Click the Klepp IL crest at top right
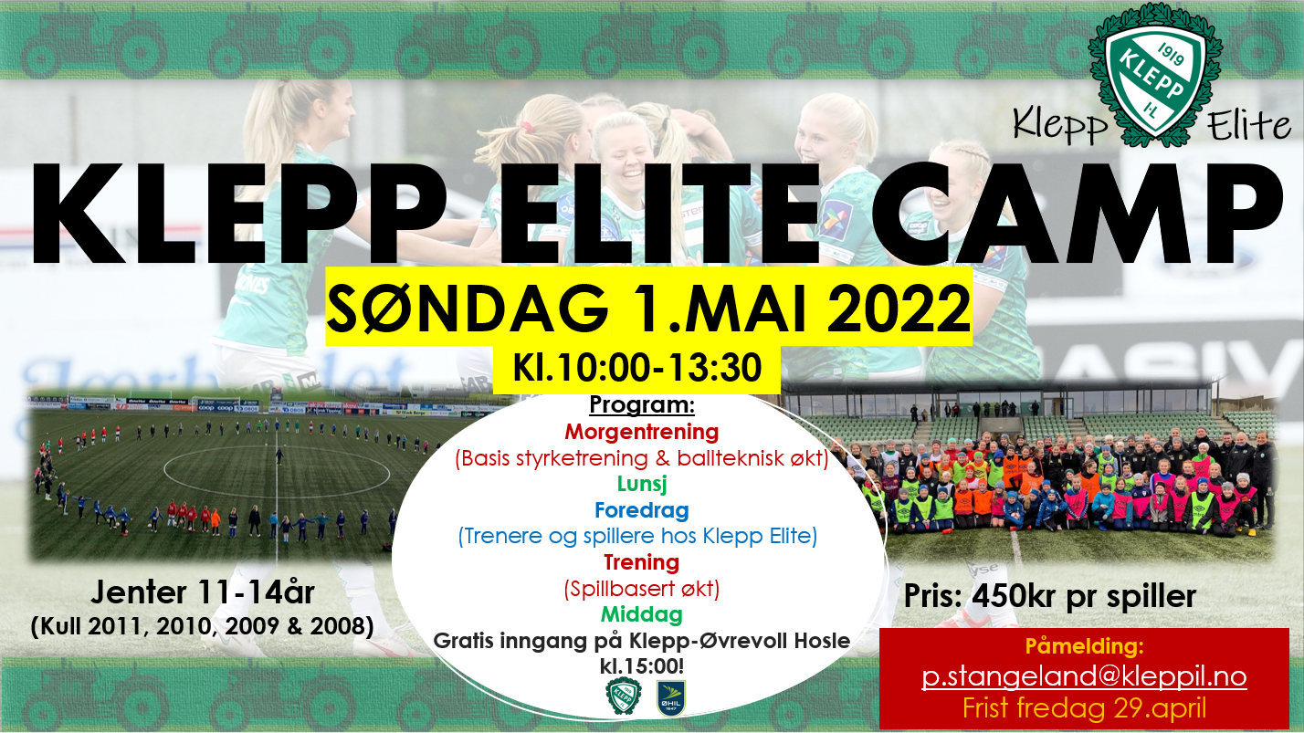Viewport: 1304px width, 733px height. click(x=1155, y=75)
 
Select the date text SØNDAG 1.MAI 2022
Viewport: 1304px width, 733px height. click(x=648, y=307)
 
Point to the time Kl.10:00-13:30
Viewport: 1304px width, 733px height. click(x=637, y=368)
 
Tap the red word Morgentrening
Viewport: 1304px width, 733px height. click(x=642, y=433)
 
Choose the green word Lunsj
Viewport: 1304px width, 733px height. click(x=642, y=484)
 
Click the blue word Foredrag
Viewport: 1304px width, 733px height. click(x=642, y=510)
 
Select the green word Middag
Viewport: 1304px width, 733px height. click(x=642, y=614)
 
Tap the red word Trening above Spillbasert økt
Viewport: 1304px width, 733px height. click(x=642, y=562)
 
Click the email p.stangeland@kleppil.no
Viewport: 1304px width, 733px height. click(x=1084, y=677)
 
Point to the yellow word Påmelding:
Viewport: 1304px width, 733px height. click(x=1084, y=646)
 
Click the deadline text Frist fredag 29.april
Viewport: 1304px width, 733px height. click(x=1084, y=708)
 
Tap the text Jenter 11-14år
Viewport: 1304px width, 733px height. click(x=202, y=592)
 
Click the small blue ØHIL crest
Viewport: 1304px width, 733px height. click(x=671, y=698)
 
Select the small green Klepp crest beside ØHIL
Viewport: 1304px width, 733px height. click(x=624, y=696)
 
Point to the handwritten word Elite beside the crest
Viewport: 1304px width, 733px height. click(x=1248, y=125)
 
